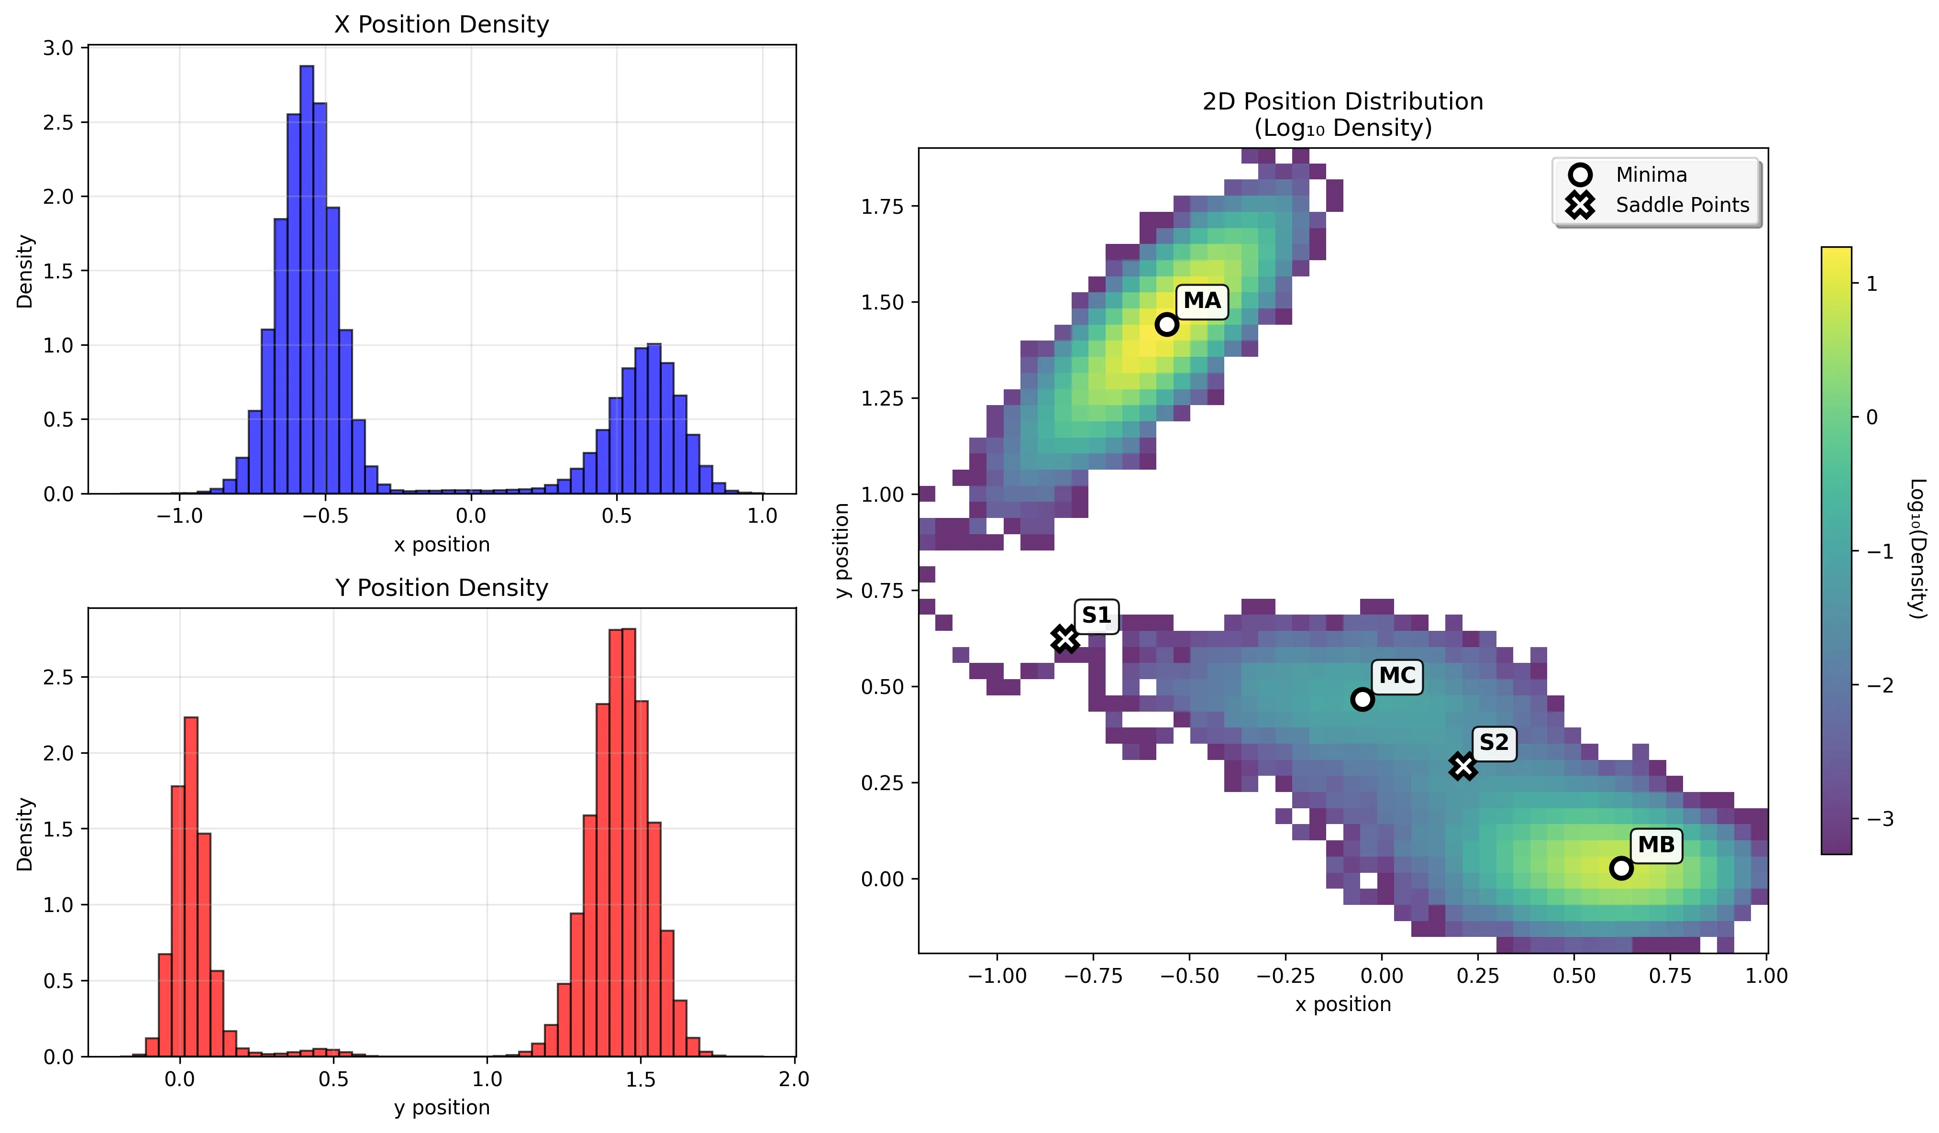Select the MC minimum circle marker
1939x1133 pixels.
click(x=1362, y=699)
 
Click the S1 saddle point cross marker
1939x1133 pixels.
click(x=1065, y=638)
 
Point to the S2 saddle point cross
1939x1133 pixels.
click(x=1463, y=766)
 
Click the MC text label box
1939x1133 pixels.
click(x=1396, y=676)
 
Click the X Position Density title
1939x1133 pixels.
click(x=442, y=24)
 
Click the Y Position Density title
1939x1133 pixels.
click(x=442, y=588)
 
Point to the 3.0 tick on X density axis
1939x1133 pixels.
click(x=58, y=48)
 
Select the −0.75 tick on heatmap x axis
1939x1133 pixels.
click(x=1093, y=976)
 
